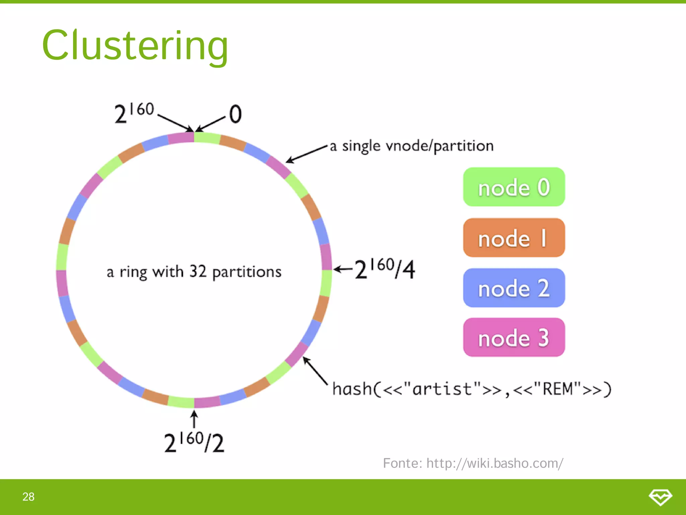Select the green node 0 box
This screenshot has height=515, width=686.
pyautogui.click(x=514, y=187)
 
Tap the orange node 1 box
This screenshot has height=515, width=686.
pyautogui.click(x=514, y=238)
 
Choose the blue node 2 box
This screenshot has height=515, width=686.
pyautogui.click(x=514, y=288)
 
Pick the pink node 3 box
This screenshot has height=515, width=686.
pyautogui.click(x=514, y=337)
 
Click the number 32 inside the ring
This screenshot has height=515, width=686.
pyautogui.click(x=198, y=271)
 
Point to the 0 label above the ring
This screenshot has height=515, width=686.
pyautogui.click(x=235, y=114)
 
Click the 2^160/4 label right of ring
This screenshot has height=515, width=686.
pyautogui.click(x=385, y=269)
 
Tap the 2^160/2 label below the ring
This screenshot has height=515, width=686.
pyautogui.click(x=194, y=442)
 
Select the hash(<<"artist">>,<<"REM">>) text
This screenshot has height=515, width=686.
pyautogui.click(x=472, y=389)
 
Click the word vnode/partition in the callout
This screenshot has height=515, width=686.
pyautogui.click(x=439, y=146)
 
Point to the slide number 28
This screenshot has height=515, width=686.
pyautogui.click(x=28, y=497)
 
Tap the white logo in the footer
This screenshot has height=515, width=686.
pyautogui.click(x=660, y=497)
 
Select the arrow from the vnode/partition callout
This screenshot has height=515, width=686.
pyautogui.click(x=306, y=154)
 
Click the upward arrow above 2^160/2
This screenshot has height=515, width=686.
pyautogui.click(x=194, y=419)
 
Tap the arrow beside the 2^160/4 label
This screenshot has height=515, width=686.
pyautogui.click(x=343, y=269)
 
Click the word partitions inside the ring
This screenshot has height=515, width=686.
pyautogui.click(x=247, y=272)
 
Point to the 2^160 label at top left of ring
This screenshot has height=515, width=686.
pyautogui.click(x=134, y=113)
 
